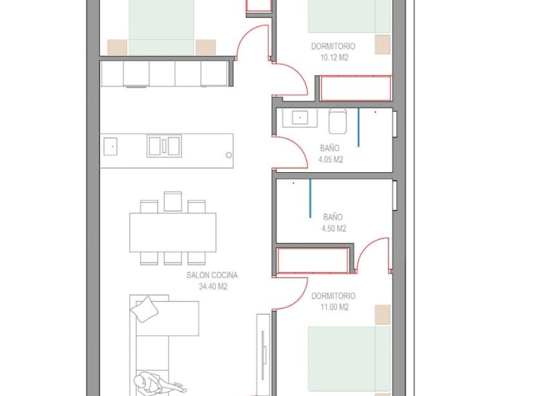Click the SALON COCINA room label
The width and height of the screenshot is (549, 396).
(207, 275)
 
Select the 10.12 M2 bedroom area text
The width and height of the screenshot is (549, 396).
(333, 57)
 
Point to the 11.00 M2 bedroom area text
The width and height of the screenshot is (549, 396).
(334, 307)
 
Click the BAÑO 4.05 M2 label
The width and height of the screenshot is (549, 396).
(330, 153)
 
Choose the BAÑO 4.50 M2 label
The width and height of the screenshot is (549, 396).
(333, 223)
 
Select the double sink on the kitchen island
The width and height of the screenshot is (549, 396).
(164, 146)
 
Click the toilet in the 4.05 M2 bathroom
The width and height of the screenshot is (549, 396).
(338, 120)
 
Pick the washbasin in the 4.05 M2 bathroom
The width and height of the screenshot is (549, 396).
(300, 117)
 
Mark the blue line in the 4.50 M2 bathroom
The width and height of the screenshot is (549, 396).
(311, 197)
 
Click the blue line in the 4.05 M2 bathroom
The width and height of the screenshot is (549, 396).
(359, 127)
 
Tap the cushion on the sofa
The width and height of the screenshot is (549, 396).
(144, 308)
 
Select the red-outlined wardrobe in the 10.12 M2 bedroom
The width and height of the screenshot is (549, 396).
(355, 88)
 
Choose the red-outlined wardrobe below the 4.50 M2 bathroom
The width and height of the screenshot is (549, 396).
(313, 260)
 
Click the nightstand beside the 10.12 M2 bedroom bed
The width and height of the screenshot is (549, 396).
(383, 45)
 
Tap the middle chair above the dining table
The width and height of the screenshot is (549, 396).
(172, 201)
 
